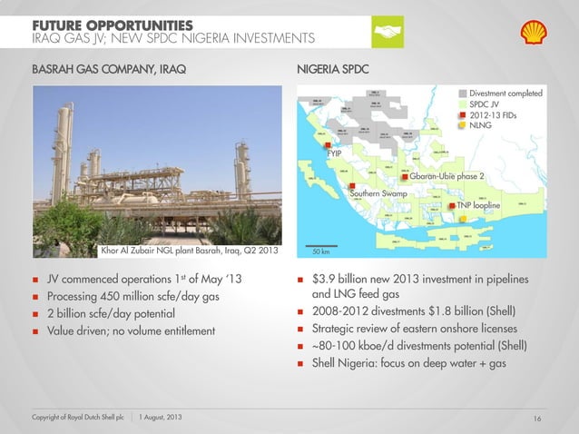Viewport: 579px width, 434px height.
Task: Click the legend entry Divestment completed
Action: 505,94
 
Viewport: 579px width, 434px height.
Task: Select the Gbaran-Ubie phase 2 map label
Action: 447,176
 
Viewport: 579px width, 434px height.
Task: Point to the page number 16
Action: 537,417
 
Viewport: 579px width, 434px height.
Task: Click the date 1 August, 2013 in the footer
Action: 162,417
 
